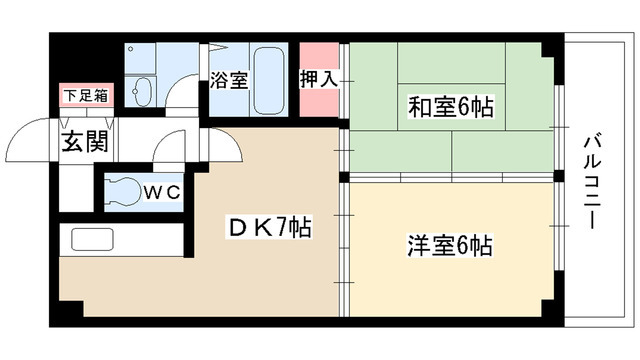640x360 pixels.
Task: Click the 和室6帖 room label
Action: tap(449, 107)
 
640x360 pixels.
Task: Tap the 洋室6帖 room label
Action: tap(449, 244)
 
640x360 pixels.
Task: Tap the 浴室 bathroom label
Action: tap(227, 81)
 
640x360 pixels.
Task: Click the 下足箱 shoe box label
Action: tap(86, 97)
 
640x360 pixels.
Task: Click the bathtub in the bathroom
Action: tap(267, 79)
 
